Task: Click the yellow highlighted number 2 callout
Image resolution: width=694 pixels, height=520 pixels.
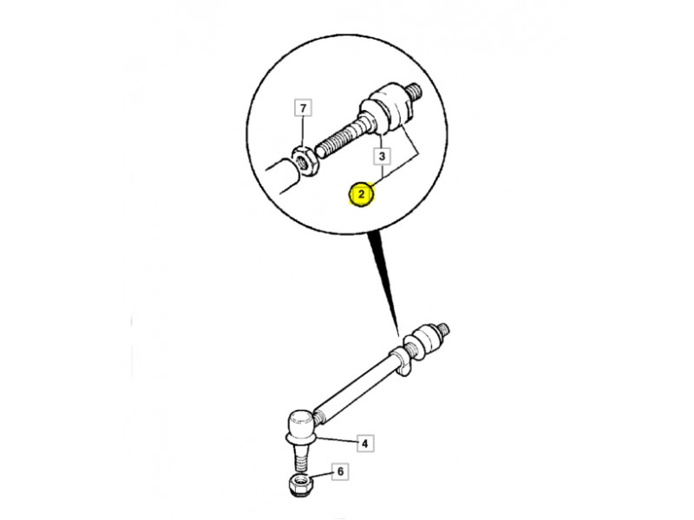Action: pos(362,194)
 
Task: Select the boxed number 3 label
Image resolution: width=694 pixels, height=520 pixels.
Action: pos(382,156)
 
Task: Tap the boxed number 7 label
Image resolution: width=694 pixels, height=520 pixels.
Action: pos(303,107)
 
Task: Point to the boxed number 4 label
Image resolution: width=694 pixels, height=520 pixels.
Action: pos(365,444)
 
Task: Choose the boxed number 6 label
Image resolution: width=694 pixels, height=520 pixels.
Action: pos(340,471)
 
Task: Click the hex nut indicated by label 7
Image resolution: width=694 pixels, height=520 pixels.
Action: pos(304,161)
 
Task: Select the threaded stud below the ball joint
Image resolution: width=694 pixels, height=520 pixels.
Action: pos(300,458)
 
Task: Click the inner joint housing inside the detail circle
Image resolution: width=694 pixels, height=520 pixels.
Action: pos(385,109)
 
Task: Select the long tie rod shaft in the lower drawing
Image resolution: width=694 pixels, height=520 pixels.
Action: pos(353,388)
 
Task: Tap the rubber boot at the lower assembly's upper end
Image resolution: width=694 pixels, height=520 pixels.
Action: pos(426,338)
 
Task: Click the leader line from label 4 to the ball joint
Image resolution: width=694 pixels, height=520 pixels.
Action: pos(336,440)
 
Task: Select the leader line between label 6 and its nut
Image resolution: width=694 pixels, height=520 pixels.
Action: pos(322,475)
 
